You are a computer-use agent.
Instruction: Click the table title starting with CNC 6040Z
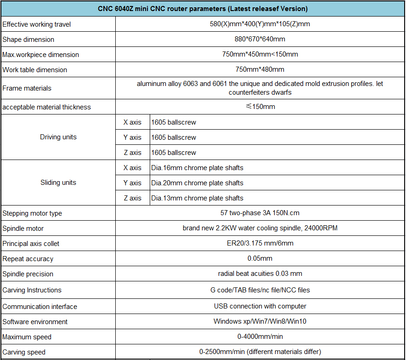coord(203,9)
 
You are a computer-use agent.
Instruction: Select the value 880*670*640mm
coord(260,40)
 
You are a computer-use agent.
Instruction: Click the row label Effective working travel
coord(36,24)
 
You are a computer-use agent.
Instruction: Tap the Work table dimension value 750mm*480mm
coord(260,70)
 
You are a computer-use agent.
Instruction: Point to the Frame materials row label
coord(27,88)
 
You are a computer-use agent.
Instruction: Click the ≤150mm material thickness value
coord(260,107)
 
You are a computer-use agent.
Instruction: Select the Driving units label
coord(58,137)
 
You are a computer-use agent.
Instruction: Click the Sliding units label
coord(58,183)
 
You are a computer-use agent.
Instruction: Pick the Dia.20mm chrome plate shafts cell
coord(197,183)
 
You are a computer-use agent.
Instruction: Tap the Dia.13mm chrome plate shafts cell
coord(197,198)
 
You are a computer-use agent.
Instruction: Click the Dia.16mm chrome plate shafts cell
coord(197,168)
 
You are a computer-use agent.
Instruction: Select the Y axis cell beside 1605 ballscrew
coord(132,137)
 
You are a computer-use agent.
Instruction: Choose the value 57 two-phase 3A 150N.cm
coord(260,213)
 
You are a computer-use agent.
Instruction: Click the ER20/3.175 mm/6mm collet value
coord(260,244)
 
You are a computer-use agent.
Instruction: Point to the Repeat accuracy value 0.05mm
coord(260,259)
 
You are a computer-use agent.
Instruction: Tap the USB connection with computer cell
coord(260,306)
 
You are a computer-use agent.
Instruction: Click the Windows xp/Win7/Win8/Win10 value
coord(260,321)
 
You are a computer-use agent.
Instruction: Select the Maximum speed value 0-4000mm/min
coord(260,337)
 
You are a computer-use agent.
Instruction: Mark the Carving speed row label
coord(24,352)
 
